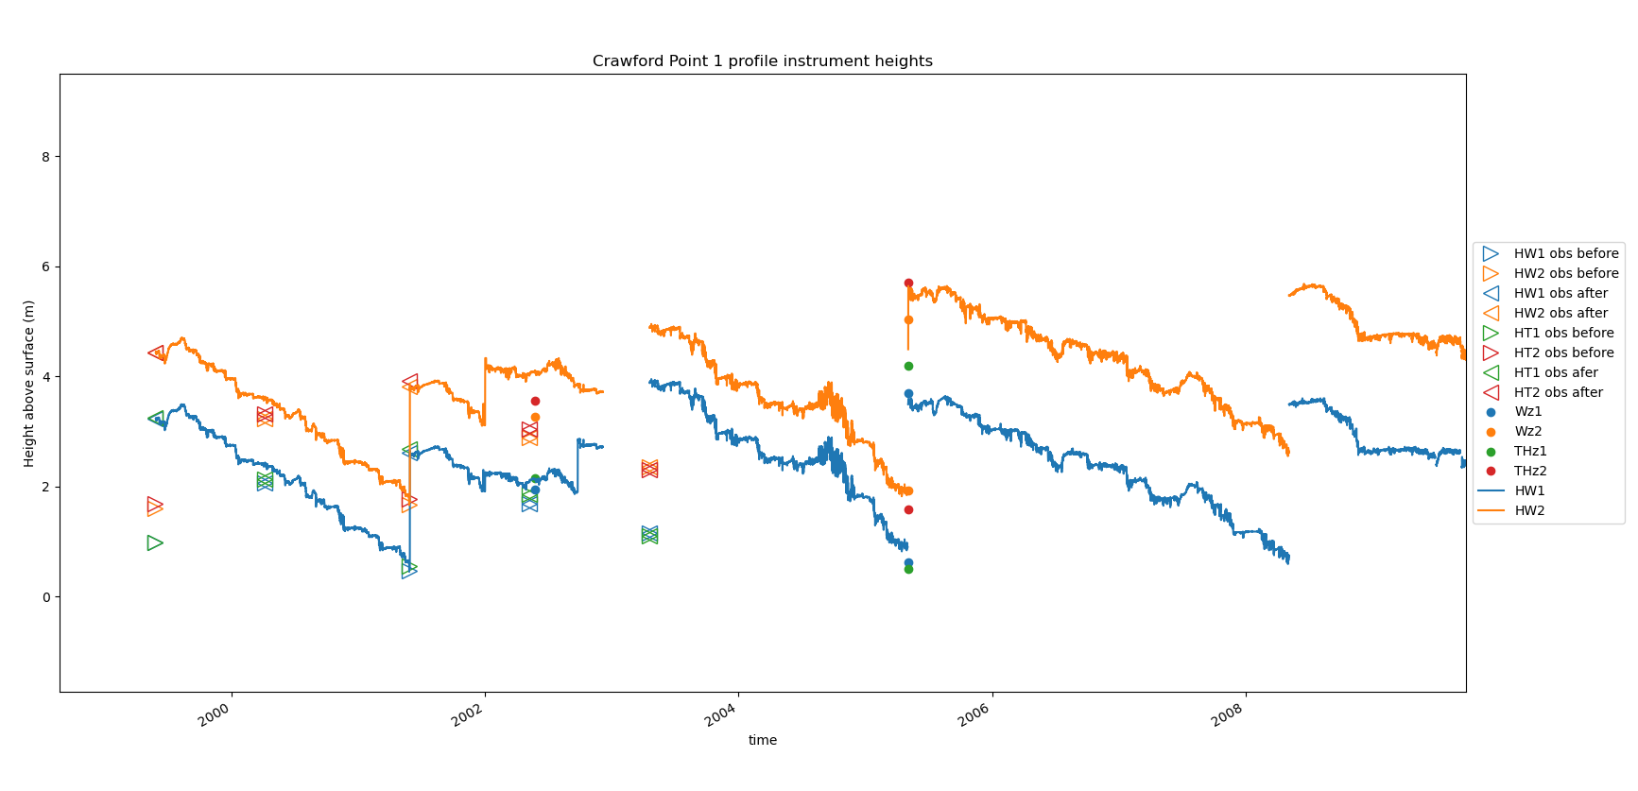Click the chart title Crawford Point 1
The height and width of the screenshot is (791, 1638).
click(762, 61)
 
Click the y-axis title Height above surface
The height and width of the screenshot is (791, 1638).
click(29, 383)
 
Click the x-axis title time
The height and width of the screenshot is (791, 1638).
click(762, 740)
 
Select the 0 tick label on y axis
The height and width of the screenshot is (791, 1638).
click(45, 597)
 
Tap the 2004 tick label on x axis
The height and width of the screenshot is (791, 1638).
click(720, 715)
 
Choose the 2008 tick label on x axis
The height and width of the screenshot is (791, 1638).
click(1227, 715)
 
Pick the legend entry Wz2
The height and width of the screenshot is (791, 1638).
click(1527, 432)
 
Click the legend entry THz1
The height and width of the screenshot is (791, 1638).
click(1529, 452)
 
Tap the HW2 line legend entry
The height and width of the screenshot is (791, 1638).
click(1528, 511)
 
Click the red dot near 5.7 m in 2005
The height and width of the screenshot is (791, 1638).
click(908, 283)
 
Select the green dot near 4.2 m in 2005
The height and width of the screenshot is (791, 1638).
click(908, 366)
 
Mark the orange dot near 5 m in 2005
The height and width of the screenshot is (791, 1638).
click(908, 319)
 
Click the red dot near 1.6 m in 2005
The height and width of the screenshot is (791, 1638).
click(908, 509)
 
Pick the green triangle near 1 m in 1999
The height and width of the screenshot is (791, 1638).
click(155, 542)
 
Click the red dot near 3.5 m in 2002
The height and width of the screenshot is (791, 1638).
click(535, 401)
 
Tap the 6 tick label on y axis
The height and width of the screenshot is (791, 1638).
click(45, 267)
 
